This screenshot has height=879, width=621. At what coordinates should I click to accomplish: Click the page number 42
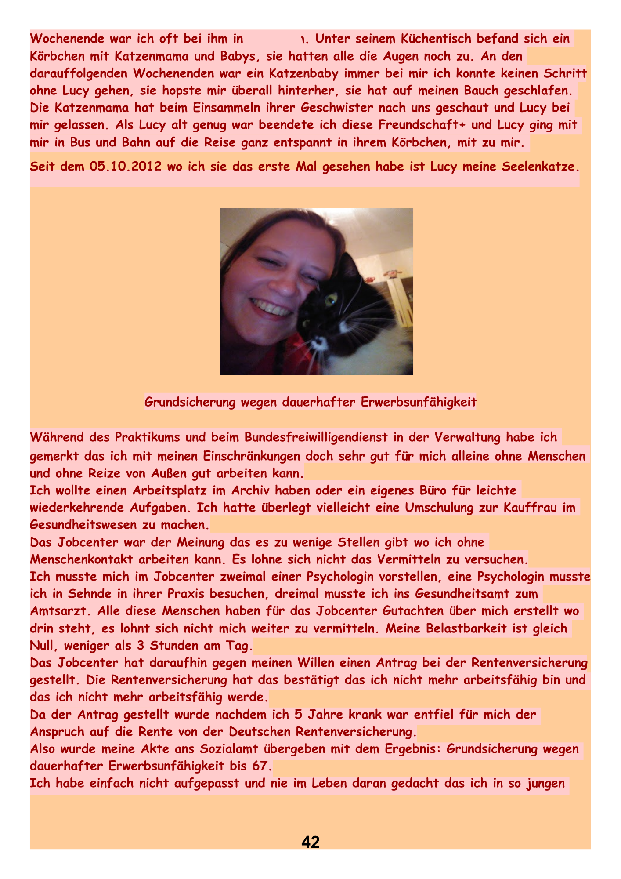pos(310,841)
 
